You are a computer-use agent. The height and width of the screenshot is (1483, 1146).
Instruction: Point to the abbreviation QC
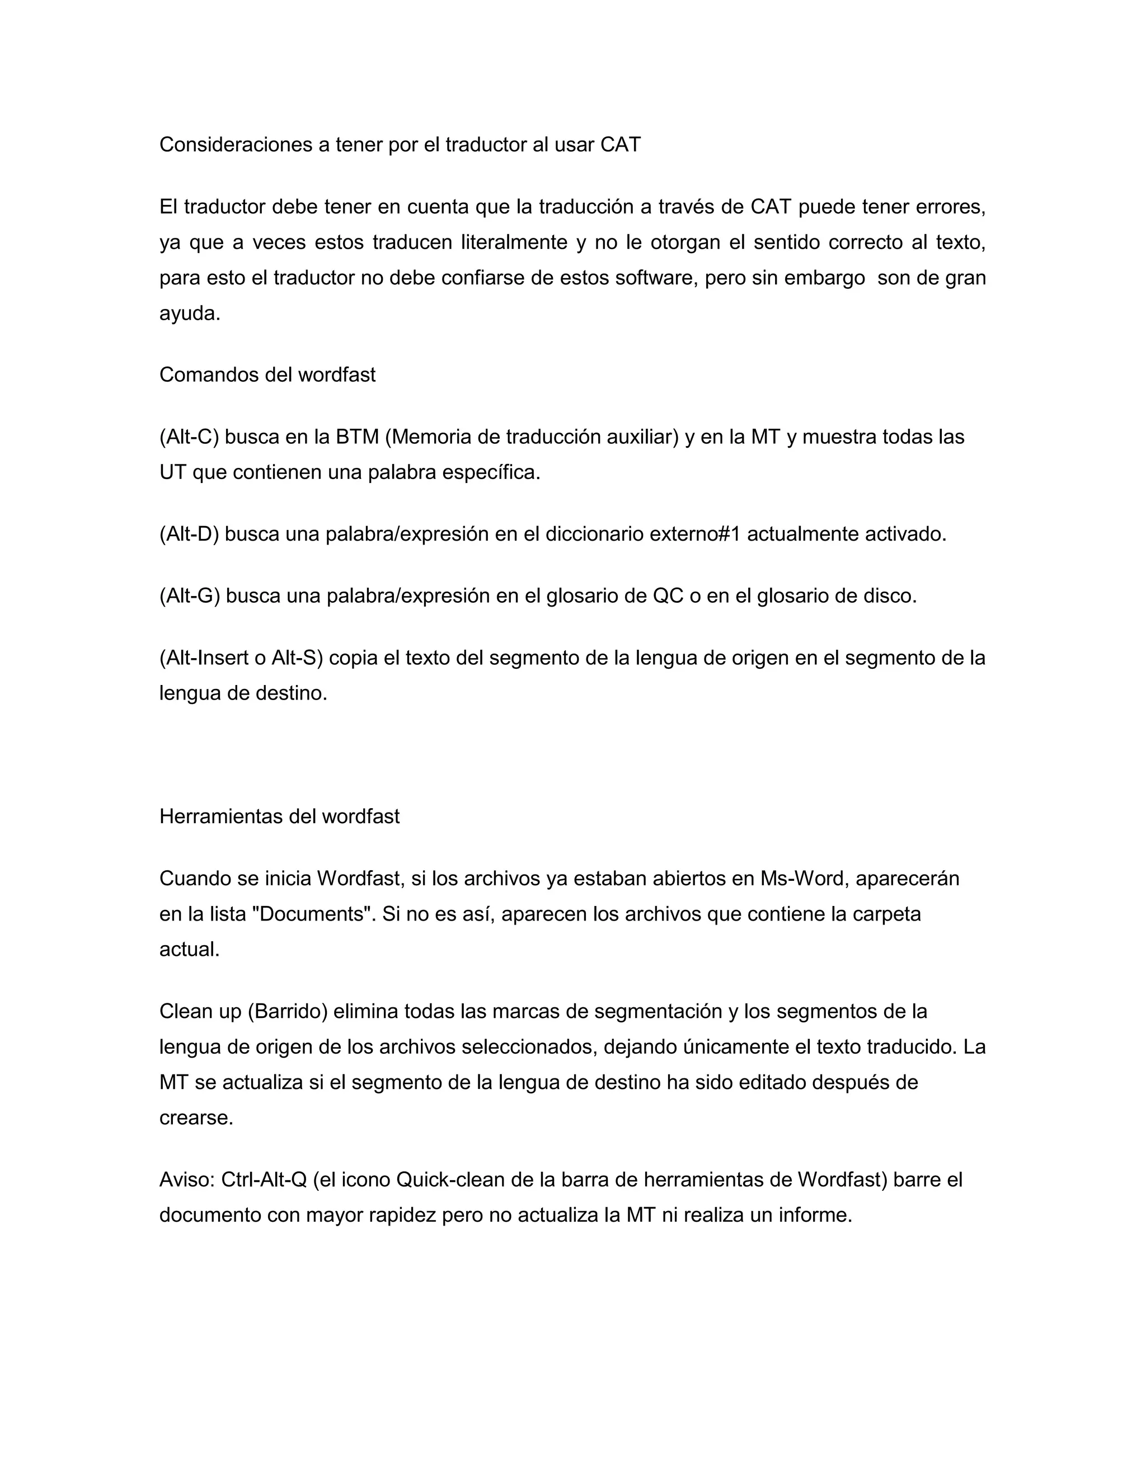(x=668, y=596)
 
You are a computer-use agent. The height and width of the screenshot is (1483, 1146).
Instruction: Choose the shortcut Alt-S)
(x=297, y=658)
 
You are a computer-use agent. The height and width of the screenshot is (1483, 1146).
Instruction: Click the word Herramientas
(x=220, y=816)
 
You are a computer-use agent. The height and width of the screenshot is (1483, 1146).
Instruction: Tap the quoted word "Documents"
(x=312, y=914)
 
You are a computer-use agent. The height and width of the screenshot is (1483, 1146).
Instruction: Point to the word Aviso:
(x=187, y=1180)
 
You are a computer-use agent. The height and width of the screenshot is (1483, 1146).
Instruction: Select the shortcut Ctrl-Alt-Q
(x=265, y=1180)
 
